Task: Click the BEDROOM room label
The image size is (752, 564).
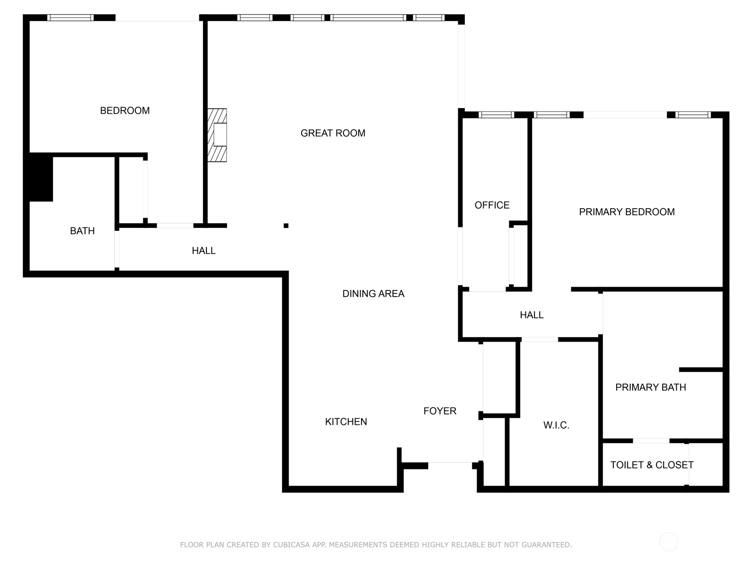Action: [125, 110]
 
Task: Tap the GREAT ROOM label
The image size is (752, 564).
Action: [333, 133]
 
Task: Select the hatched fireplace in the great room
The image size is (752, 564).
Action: [217, 135]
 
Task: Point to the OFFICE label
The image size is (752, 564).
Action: [492, 205]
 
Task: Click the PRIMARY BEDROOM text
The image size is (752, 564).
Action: [627, 212]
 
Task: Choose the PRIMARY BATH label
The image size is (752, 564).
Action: [650, 387]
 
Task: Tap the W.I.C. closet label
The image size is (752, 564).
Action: [556, 425]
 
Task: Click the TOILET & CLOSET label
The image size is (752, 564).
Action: [651, 465]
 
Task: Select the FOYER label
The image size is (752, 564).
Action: [440, 411]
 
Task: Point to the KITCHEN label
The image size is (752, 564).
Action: [346, 422]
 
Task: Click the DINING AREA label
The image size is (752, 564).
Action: [374, 293]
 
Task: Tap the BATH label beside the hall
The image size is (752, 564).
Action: [82, 231]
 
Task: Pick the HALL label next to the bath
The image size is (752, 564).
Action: [204, 251]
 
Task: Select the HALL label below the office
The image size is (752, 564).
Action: [532, 315]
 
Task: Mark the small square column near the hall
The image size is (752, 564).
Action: [286, 226]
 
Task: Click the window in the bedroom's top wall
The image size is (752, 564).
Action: [70, 18]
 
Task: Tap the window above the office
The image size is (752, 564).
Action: [496, 115]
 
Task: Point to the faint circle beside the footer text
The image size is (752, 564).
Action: [669, 542]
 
